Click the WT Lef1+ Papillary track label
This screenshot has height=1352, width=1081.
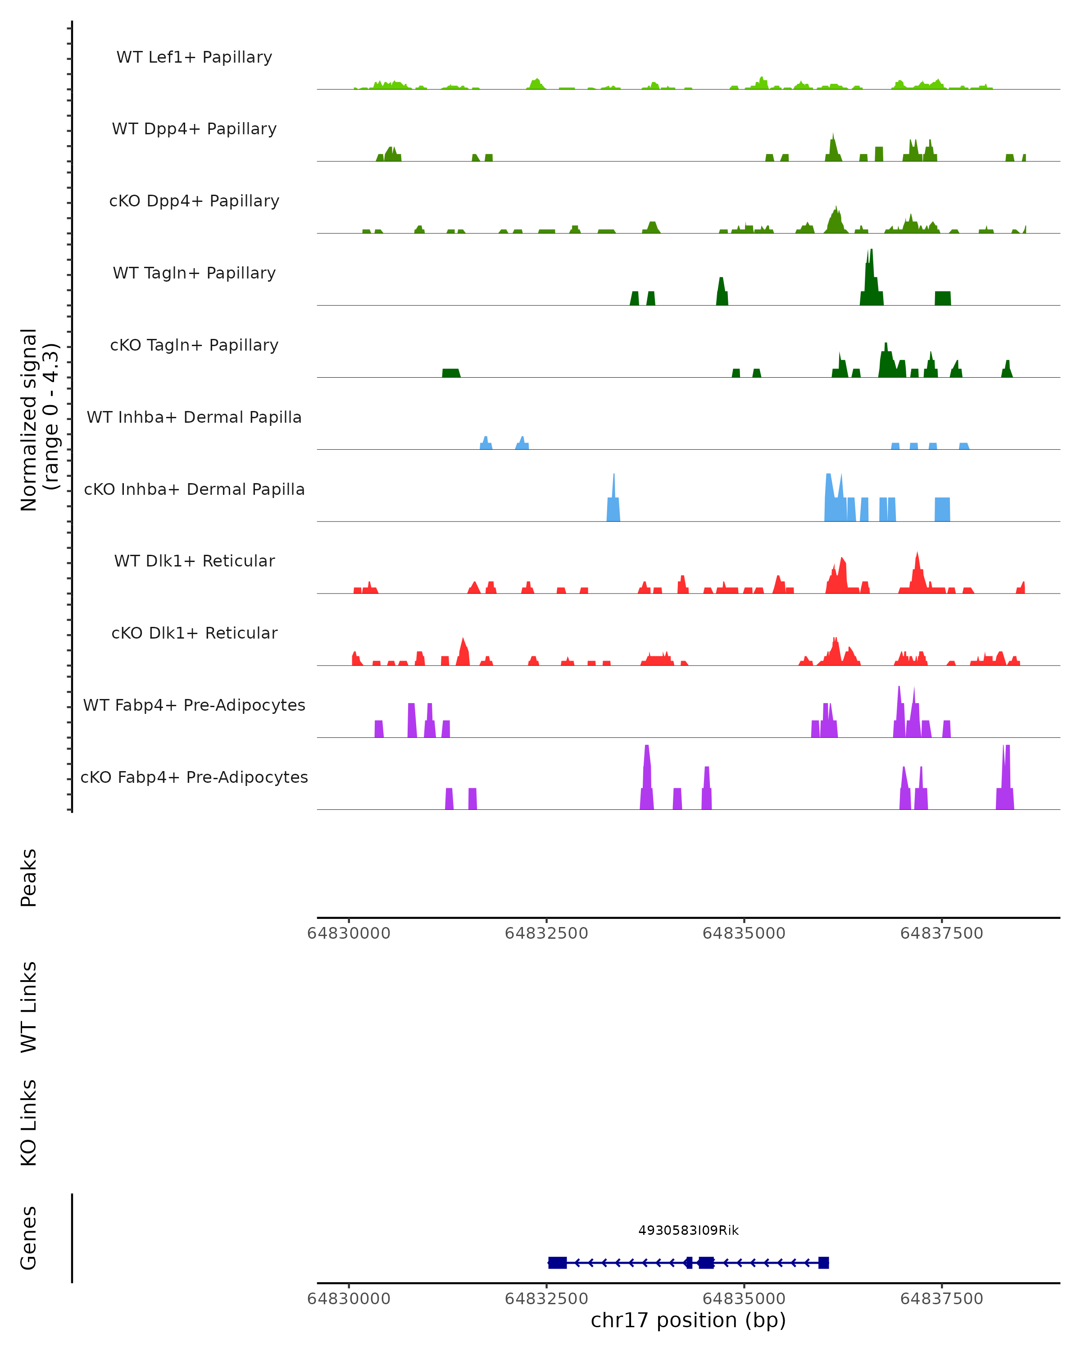pos(194,57)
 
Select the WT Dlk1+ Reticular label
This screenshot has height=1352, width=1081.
pos(194,561)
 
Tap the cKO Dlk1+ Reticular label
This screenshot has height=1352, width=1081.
pos(194,633)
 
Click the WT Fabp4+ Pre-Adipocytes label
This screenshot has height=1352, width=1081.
pos(194,705)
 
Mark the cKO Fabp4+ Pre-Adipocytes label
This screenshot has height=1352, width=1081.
pos(194,777)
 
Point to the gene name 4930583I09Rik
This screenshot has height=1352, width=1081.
pos(688,1230)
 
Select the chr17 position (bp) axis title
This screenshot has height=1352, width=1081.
pos(688,1320)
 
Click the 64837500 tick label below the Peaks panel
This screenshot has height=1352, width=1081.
pos(941,933)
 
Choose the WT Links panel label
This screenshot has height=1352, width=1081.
pos(29,1006)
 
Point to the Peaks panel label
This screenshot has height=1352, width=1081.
pos(29,877)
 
